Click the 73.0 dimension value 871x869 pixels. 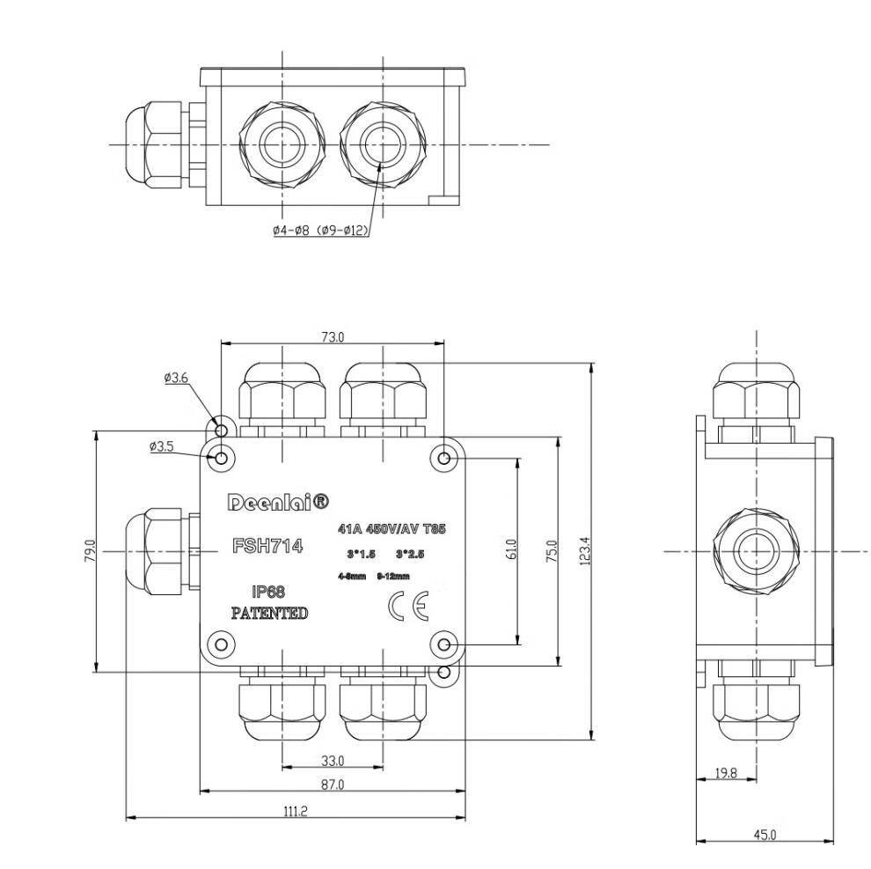[332, 336]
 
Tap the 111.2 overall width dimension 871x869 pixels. [295, 811]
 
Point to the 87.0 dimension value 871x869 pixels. [332, 784]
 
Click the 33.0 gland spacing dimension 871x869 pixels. [332, 760]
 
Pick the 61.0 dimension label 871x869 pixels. [512, 550]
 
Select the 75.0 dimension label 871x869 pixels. [552, 551]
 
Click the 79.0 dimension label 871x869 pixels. [89, 551]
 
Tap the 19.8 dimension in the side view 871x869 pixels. [725, 773]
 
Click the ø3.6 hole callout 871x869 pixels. [176, 378]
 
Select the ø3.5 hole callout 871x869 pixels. [162, 446]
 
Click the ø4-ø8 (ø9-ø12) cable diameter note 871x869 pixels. [319, 230]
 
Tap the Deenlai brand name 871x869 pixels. [278, 502]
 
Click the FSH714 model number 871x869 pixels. [267, 546]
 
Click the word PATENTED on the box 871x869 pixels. [269, 613]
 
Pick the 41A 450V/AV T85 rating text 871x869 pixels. [392, 529]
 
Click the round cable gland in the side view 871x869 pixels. [757, 552]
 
